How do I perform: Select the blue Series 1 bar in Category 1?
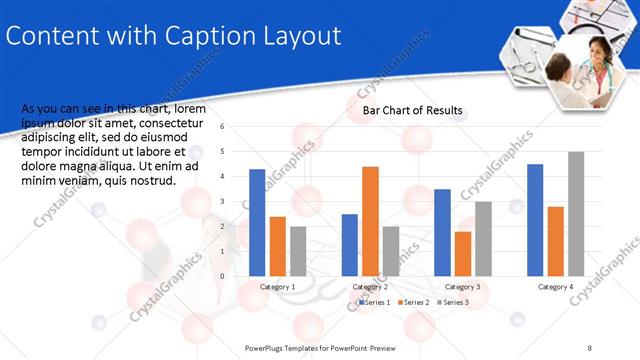click(x=257, y=222)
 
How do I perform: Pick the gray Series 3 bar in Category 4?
click(x=576, y=213)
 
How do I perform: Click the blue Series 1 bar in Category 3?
click(x=442, y=232)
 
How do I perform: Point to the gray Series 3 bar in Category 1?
click(x=298, y=250)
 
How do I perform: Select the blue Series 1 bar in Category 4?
click(x=535, y=219)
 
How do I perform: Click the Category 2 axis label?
click(x=370, y=287)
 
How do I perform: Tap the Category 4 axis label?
click(x=555, y=287)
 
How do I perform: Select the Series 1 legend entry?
click(x=377, y=302)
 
